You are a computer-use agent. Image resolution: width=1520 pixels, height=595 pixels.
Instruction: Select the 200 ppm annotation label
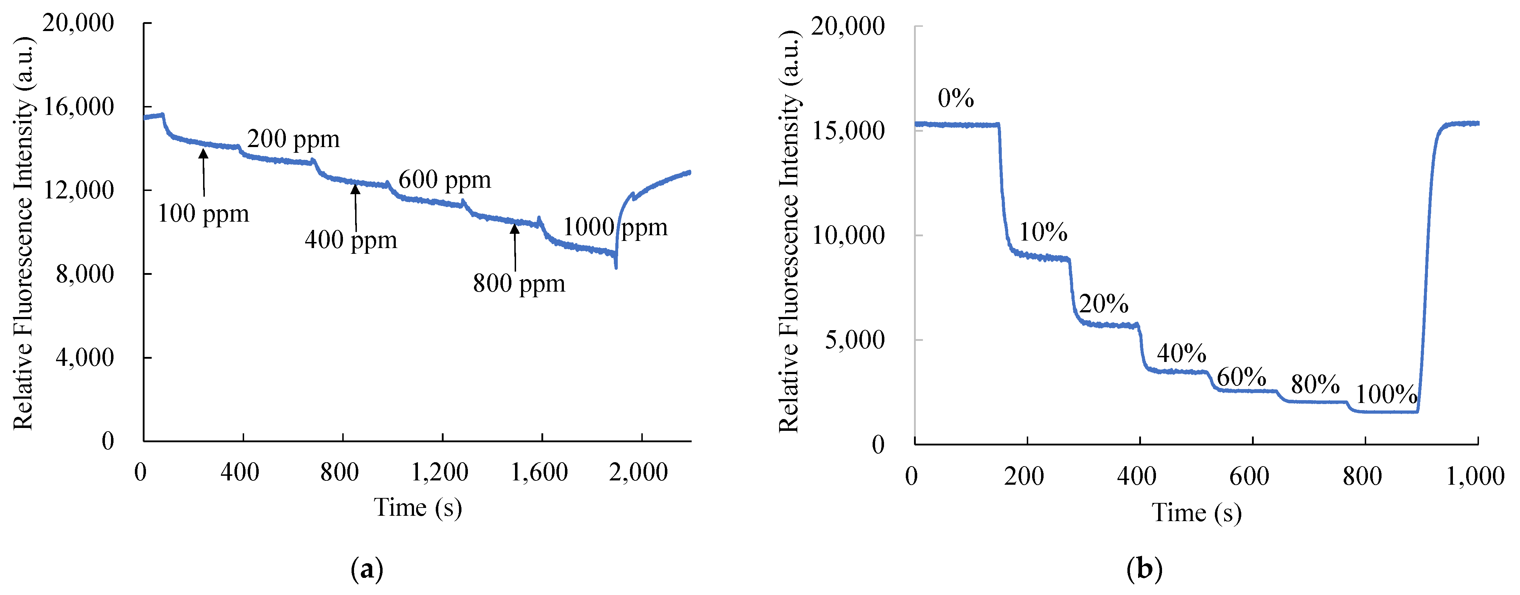tap(293, 139)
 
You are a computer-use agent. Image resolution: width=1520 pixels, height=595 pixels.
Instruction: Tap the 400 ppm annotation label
tap(351, 240)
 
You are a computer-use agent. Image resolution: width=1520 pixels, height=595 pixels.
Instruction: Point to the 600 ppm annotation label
tap(444, 180)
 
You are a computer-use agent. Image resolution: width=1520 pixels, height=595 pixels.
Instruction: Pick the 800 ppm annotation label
tap(519, 284)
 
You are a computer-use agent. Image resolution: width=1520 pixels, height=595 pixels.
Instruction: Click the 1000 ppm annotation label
tap(615, 227)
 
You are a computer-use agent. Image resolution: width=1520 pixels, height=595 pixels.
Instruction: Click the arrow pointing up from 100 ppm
tap(203, 172)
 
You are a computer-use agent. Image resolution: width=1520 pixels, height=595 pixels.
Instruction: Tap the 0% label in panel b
tap(955, 98)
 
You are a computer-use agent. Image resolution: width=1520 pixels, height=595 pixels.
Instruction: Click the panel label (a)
tap(367, 570)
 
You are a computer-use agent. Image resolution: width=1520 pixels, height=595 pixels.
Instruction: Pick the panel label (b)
tap(1144, 570)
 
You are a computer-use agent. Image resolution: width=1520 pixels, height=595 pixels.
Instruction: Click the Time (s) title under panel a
tap(418, 508)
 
